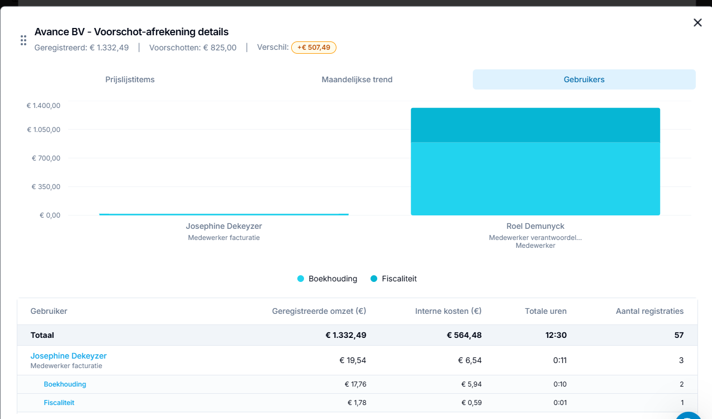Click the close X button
point(697,22)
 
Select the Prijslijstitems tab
point(130,79)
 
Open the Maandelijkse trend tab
point(357,79)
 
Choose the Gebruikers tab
point(584,79)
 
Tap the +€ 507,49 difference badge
point(314,48)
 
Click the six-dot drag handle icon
point(23,40)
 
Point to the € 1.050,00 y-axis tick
point(44,129)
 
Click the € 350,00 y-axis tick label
point(46,186)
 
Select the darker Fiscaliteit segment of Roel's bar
point(535,125)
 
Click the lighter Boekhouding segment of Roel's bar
point(535,178)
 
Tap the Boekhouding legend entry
point(327,279)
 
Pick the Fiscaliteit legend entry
point(393,279)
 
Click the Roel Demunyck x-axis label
point(535,226)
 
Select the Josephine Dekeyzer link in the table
point(68,356)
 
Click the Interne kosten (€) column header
point(448,311)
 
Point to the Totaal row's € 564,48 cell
point(464,335)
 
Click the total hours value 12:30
point(556,335)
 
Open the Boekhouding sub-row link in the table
point(65,384)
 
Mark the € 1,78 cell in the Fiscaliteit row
point(357,403)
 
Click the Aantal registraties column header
point(650,311)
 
